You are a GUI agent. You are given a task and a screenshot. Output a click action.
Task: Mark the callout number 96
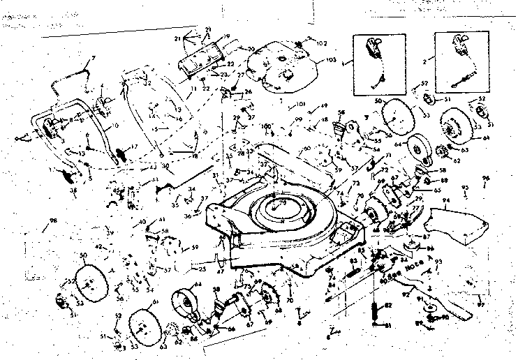click(x=505, y=178)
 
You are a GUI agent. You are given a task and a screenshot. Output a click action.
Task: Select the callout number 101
click(x=301, y=107)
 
